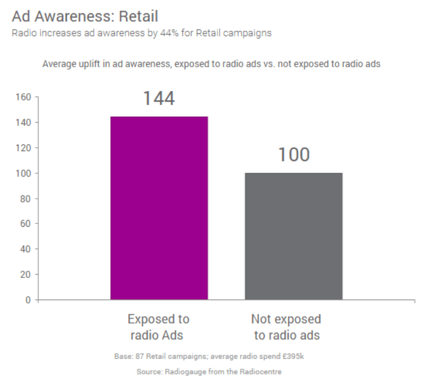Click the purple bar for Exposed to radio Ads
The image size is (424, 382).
click(159, 208)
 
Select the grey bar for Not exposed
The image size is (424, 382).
click(294, 236)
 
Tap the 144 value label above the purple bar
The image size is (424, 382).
click(159, 98)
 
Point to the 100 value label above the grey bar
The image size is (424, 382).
click(294, 154)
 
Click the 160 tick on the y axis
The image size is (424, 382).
click(23, 97)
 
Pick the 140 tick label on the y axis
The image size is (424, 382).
click(23, 123)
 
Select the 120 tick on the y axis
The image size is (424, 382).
click(23, 148)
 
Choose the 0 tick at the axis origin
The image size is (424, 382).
click(28, 300)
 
